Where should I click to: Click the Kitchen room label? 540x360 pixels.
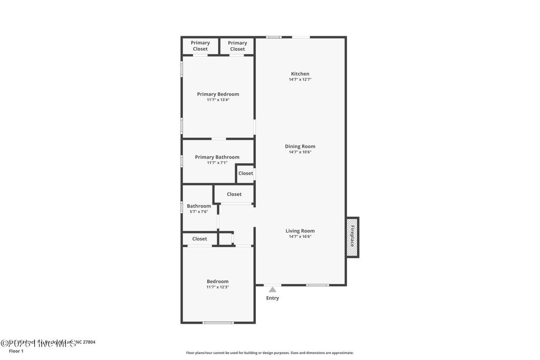[x=300, y=74]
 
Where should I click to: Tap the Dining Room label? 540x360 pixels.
[x=300, y=147]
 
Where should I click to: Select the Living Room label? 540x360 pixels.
[x=300, y=231]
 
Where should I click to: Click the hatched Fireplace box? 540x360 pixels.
[x=352, y=237]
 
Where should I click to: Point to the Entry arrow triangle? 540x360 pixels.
[x=272, y=289]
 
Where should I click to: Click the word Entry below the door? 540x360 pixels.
[x=272, y=298]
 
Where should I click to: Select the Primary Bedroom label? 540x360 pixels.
[x=218, y=94]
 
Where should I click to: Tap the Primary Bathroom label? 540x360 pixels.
[x=217, y=157]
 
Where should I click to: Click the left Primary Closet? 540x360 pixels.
[x=200, y=46]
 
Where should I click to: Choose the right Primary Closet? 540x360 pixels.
[x=237, y=46]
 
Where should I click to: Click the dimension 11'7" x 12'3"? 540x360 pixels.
[x=217, y=287]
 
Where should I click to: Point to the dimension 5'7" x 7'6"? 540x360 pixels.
[x=199, y=212]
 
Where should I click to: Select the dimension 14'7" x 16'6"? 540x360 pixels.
[x=300, y=237]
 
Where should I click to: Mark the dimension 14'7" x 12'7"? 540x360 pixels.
[x=300, y=80]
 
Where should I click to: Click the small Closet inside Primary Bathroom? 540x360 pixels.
[x=245, y=173]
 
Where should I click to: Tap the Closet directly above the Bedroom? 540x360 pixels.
[x=199, y=239]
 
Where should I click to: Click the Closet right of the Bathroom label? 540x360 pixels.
[x=234, y=194]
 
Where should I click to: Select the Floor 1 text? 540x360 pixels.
[x=16, y=351]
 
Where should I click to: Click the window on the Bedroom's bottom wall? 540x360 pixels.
[x=218, y=323]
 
